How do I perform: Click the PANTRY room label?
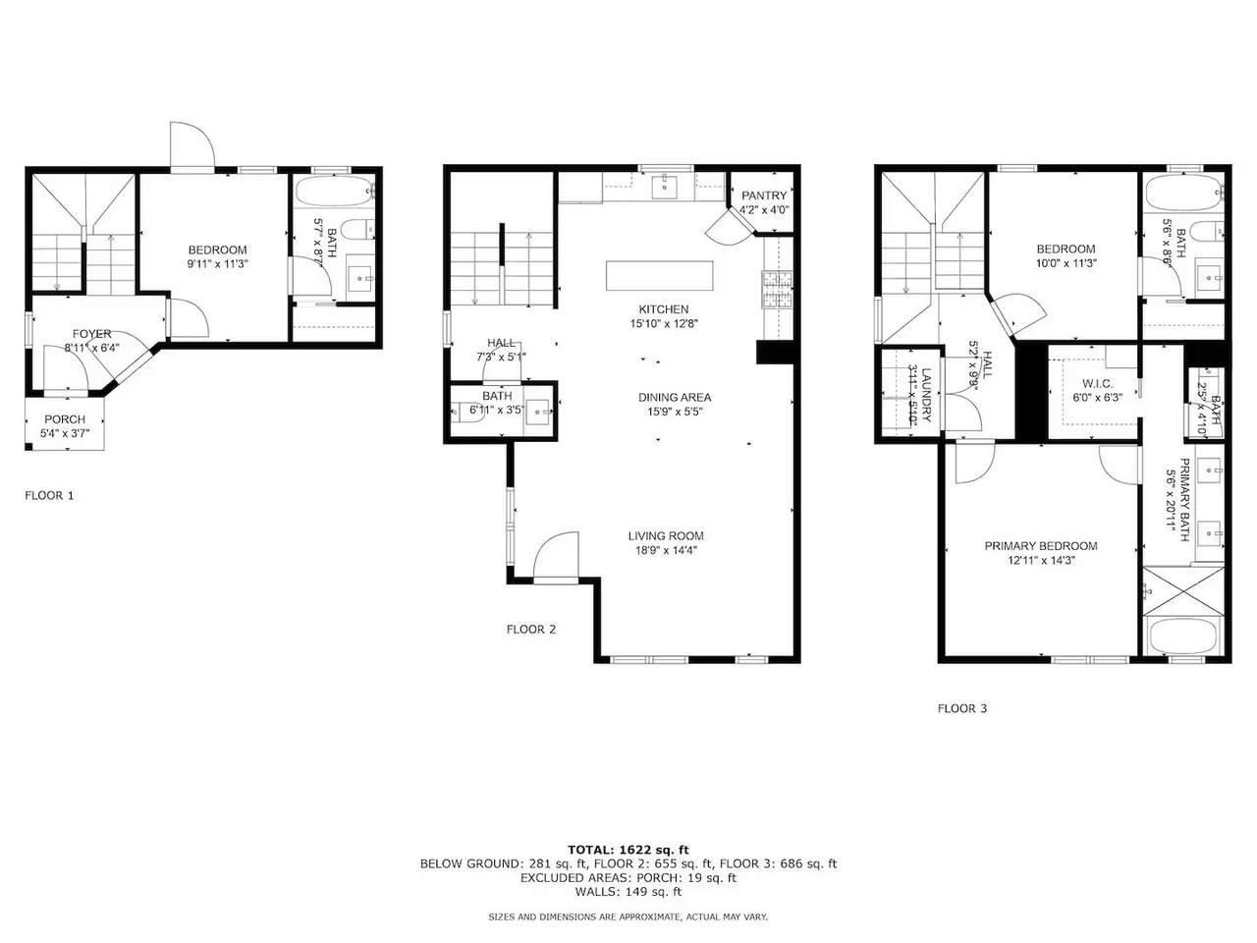764,195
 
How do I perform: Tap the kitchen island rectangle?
660,275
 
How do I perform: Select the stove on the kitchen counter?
777,289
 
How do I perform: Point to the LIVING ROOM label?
666,536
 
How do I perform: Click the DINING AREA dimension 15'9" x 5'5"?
675,412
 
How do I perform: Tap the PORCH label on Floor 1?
65,419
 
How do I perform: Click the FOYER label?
91,334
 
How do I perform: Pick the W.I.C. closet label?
1097,383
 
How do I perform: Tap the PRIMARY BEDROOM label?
1041,545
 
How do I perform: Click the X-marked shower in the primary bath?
1183,591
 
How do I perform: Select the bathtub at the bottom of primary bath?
1183,637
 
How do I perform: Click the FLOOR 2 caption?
531,630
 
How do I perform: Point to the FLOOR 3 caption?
962,708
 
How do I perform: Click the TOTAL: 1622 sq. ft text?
628,850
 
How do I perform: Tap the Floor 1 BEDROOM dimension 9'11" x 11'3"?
218,264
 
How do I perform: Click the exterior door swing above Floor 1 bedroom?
192,143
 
